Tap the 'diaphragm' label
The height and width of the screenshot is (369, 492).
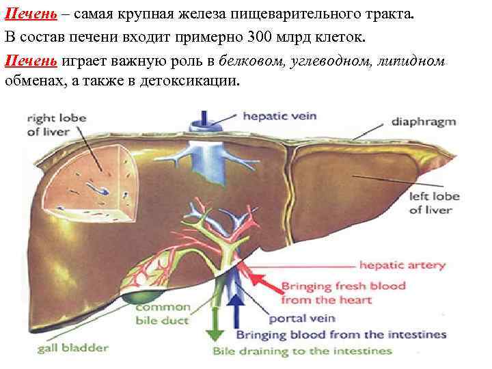(x=423, y=122)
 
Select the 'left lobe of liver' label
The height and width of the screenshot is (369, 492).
(x=434, y=203)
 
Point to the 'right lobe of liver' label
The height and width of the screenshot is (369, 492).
(x=56, y=124)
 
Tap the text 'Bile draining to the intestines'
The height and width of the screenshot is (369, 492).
(x=303, y=351)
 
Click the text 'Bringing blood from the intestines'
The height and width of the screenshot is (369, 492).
(x=341, y=335)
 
